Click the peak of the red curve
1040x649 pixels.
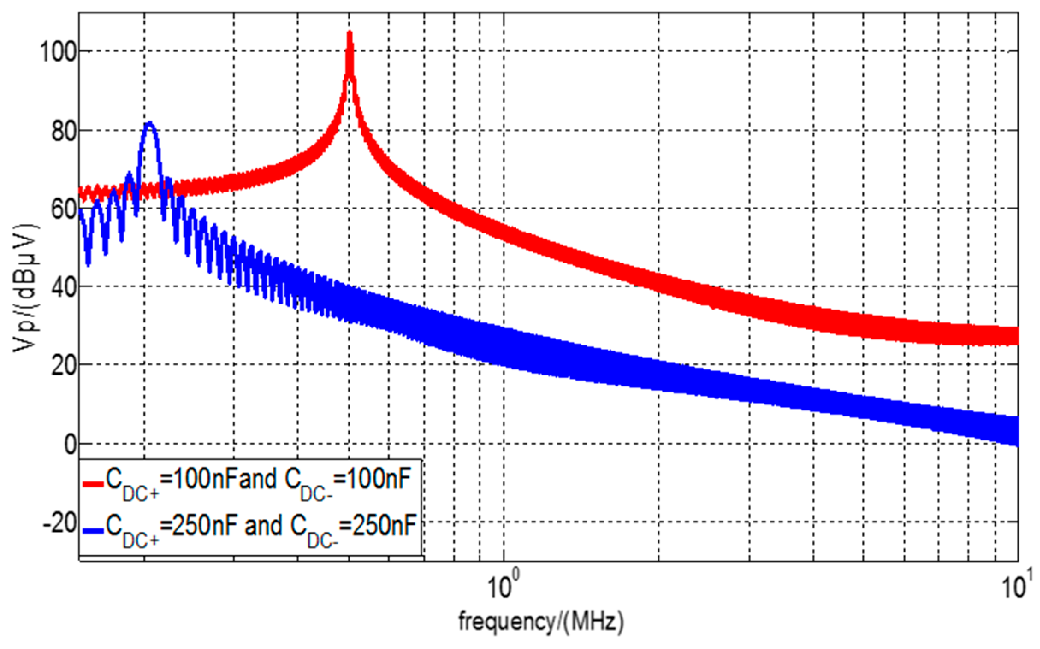click(350, 33)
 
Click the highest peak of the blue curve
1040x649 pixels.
click(149, 123)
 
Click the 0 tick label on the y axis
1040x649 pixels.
click(70, 444)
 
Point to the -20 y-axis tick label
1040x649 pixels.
click(60, 522)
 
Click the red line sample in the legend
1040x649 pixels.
click(93, 484)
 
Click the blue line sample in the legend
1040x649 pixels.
click(93, 531)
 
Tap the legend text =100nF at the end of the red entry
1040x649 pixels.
click(372, 479)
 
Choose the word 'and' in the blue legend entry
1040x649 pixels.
click(263, 526)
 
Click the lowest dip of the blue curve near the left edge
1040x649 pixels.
click(88, 263)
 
